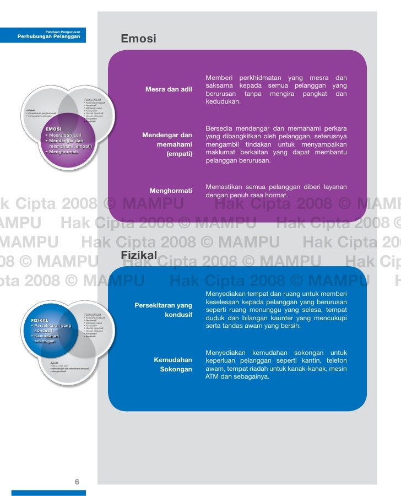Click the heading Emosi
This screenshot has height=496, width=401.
click(x=138, y=39)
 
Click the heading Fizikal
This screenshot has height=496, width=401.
click(x=139, y=256)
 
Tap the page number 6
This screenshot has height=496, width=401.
click(x=77, y=482)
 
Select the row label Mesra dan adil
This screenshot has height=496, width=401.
click(x=169, y=89)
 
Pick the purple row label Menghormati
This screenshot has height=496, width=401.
click(x=171, y=191)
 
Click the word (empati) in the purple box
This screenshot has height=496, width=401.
click(x=179, y=154)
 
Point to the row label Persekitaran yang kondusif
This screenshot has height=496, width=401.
click(x=163, y=310)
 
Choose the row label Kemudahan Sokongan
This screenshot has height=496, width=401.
click(x=173, y=364)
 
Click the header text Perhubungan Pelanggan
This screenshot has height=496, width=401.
click(x=48, y=36)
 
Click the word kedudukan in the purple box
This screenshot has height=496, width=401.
click(x=223, y=102)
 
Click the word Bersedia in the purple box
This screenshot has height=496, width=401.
click(x=219, y=128)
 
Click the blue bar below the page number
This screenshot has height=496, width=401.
click(x=48, y=493)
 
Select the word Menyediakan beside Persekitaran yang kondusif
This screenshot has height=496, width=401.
click(x=226, y=293)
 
